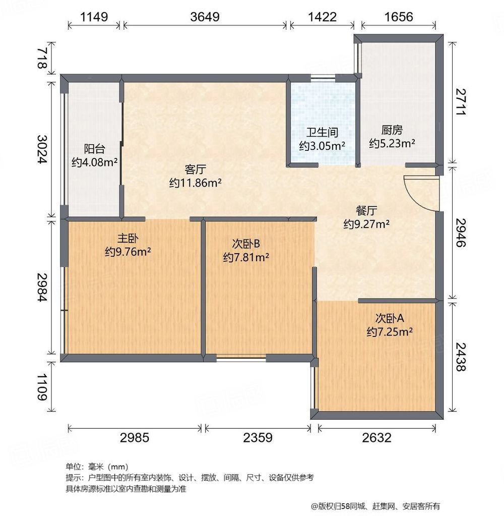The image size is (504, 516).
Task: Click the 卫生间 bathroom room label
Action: coord(322,133)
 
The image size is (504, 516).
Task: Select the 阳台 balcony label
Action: coord(94,149)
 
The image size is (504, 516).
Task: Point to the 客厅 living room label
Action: coord(195,169)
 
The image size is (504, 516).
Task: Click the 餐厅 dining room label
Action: coord(366,210)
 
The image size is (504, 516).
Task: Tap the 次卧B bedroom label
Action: coord(245,244)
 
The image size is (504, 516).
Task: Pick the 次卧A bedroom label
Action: coord(390,318)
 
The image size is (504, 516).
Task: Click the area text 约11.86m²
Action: coord(196,183)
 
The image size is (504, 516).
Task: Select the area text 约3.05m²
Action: coord(322,146)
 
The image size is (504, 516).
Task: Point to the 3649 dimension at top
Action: coord(205,17)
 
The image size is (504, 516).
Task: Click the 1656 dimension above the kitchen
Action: coord(398,17)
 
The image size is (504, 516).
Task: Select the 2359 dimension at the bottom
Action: coord(258,437)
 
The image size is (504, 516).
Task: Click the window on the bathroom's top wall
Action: coord(323,78)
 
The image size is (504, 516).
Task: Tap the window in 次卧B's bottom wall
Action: coord(241,358)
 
